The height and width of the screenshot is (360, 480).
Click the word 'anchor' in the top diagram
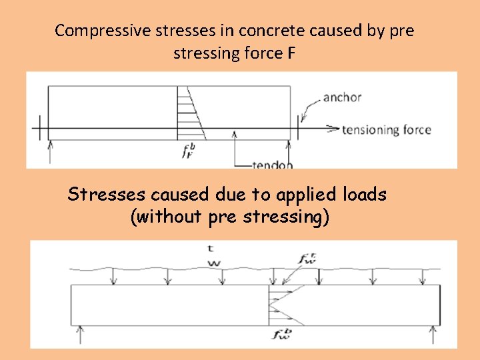[x=342, y=97]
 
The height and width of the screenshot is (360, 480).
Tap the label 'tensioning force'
[x=387, y=130]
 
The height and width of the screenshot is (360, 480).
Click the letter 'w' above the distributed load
[x=214, y=263]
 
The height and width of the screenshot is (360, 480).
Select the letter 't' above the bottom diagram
[x=211, y=249]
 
